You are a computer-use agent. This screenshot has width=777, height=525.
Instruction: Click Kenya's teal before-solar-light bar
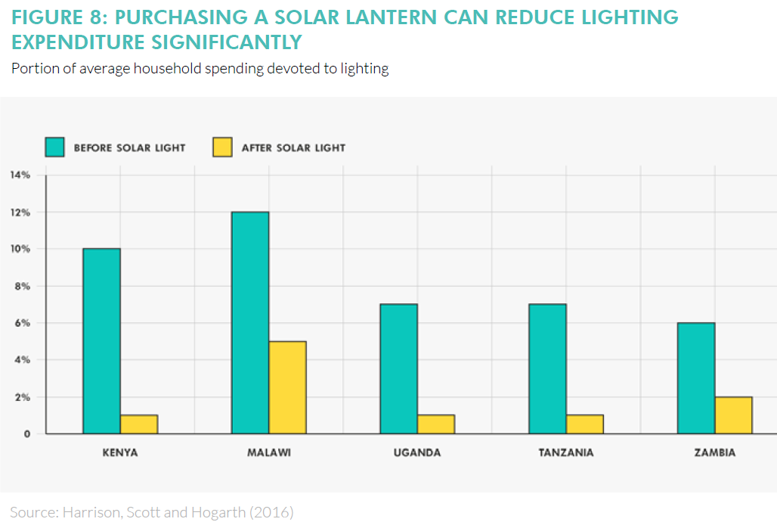101,340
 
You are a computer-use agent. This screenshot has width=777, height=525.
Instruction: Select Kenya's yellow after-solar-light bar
138,424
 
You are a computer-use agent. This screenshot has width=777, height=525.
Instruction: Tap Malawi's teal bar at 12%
250,322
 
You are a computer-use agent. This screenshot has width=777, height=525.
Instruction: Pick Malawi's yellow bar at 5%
287,387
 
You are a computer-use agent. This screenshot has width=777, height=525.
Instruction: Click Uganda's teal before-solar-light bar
398,368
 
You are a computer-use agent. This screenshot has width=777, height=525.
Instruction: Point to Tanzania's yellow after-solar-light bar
584,424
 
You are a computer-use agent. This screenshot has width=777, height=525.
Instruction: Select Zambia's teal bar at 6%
695,377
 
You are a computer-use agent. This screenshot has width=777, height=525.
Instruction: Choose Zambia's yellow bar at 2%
733,415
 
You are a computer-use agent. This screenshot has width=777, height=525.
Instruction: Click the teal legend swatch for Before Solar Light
54,148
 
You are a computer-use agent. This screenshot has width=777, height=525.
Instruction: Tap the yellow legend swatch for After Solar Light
222,148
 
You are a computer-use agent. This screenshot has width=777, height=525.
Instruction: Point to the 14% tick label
20,176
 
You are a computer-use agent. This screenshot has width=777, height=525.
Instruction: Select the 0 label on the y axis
26,434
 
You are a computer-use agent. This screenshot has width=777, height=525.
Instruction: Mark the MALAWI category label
269,453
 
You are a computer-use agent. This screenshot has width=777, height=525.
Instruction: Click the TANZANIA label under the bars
566,453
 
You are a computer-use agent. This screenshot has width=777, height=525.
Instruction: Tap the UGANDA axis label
417,453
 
